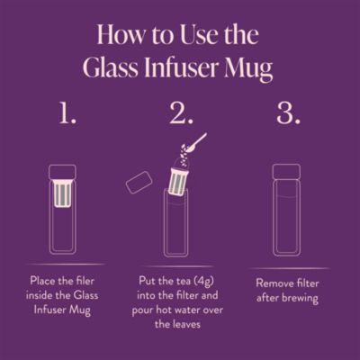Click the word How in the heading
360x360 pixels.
click(x=119, y=37)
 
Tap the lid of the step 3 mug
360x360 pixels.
click(x=285, y=172)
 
